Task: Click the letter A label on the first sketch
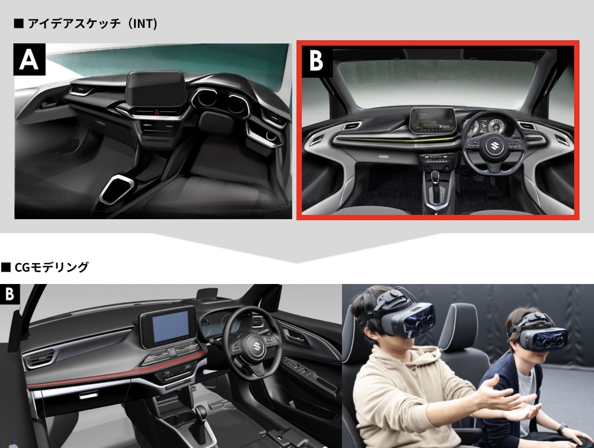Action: (x=29, y=59)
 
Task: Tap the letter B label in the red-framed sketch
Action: (x=317, y=61)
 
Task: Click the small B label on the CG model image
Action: (x=10, y=294)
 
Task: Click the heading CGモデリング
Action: (x=51, y=267)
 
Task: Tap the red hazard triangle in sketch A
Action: (x=157, y=111)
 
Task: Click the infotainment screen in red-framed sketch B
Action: (x=433, y=120)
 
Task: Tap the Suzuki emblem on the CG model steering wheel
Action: (x=254, y=346)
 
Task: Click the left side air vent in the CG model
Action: (x=39, y=359)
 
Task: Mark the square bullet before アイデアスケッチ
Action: (x=19, y=24)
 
